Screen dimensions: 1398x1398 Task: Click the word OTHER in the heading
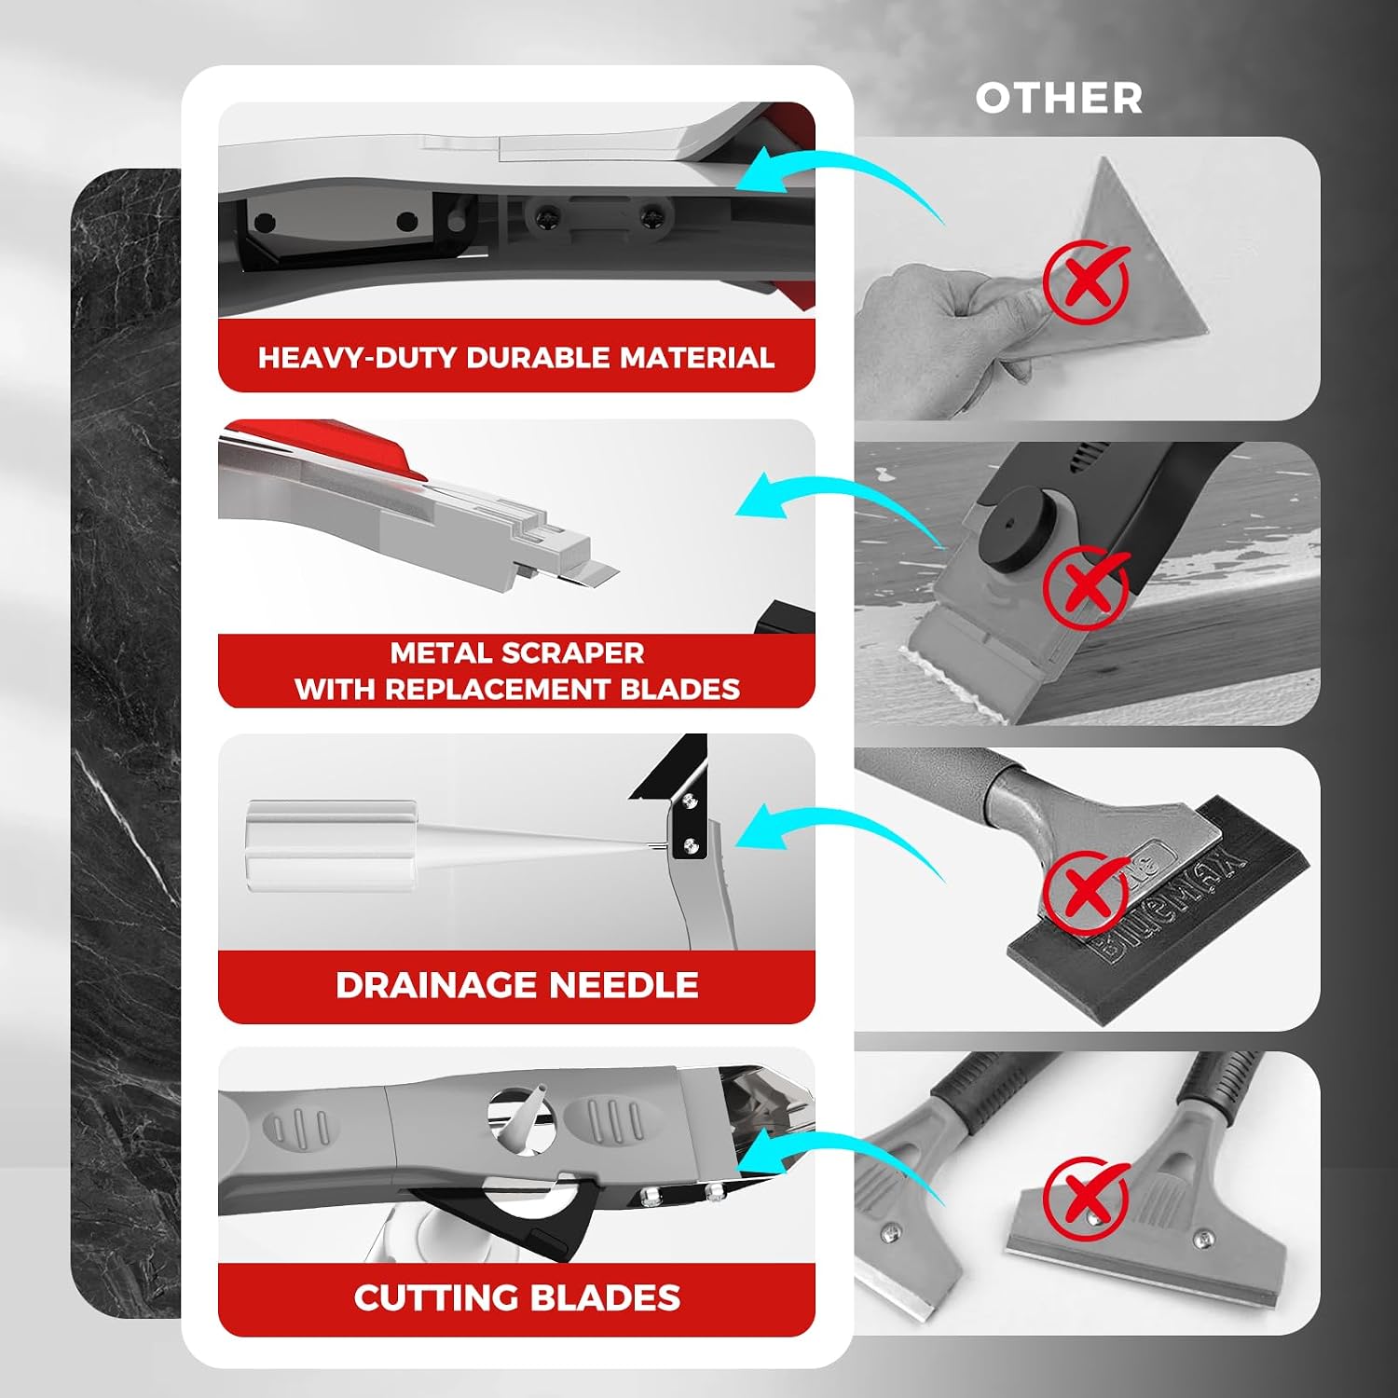[x=1059, y=98]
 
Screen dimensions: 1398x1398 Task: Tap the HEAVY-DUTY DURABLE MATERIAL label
[x=516, y=358]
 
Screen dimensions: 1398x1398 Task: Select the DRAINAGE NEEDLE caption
[x=517, y=985]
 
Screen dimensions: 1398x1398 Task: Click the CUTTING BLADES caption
[x=517, y=1297]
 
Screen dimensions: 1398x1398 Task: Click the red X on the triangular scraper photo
[x=1086, y=279]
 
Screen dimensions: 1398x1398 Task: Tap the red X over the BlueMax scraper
[x=1086, y=890]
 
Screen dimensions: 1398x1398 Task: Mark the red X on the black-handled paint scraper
[x=1086, y=586]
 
